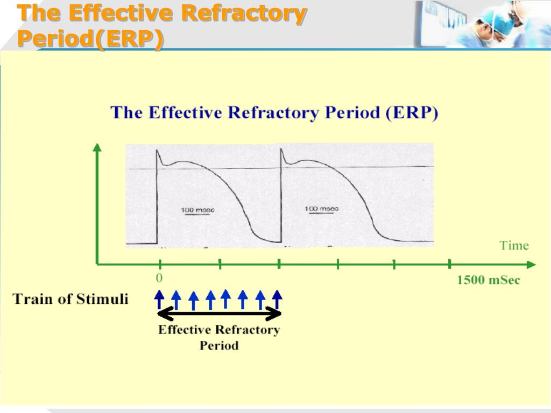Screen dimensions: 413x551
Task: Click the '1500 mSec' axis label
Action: click(x=488, y=280)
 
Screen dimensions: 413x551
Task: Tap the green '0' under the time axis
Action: click(x=159, y=278)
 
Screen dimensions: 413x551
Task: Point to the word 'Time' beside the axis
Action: click(x=514, y=246)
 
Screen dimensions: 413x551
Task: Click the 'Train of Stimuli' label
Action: click(x=70, y=299)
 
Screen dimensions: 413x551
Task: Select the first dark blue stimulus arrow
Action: click(x=159, y=299)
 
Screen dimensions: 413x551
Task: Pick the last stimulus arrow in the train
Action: click(x=277, y=299)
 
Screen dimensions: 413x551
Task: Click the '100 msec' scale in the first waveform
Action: click(x=197, y=210)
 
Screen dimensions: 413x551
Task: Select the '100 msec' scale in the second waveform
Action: click(x=322, y=208)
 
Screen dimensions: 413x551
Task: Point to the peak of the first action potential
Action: click(x=157, y=150)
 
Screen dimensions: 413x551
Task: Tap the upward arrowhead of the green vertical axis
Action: click(x=97, y=147)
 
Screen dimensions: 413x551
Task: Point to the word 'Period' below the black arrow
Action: click(x=219, y=345)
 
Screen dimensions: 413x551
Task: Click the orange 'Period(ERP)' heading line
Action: click(x=90, y=39)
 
